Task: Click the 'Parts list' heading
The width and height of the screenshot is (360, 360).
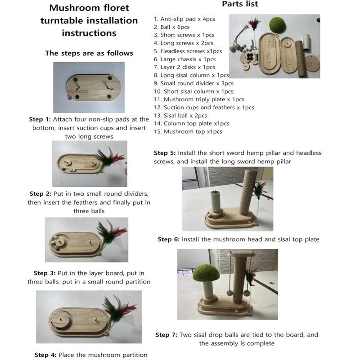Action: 240,4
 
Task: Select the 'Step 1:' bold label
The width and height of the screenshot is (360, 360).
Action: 40,119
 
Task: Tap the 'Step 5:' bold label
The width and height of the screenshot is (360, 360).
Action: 165,153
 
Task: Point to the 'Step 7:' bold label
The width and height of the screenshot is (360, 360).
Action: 166,335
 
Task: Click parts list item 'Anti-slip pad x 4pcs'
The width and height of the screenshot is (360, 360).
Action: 184,19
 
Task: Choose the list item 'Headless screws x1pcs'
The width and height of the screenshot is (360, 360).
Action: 188,51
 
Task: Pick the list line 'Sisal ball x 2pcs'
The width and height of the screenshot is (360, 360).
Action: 180,116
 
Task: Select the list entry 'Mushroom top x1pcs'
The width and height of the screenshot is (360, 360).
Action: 188,131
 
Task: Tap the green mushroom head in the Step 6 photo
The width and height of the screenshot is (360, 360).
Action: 206,273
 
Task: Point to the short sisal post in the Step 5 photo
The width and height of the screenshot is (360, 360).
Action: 216,202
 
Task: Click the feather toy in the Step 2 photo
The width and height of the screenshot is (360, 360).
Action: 109,158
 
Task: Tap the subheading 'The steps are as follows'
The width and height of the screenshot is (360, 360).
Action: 89,53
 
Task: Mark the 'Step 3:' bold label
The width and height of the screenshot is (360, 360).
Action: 45,273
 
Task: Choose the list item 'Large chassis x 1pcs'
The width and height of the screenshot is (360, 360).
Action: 185,59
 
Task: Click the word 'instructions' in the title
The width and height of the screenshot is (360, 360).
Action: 89,33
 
